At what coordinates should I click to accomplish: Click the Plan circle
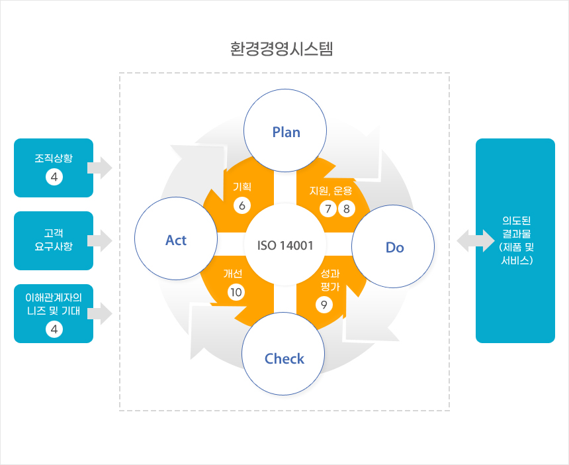coord(286,131)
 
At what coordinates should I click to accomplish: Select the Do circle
coord(394,247)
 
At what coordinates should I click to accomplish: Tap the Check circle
coord(284,358)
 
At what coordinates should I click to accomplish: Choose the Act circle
coord(176,240)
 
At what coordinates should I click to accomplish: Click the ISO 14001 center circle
coord(285,244)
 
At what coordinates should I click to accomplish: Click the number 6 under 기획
coord(242,205)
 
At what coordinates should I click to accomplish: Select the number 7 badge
coord(327,209)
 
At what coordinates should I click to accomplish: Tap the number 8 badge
coord(347,209)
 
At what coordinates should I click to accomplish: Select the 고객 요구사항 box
coord(54,240)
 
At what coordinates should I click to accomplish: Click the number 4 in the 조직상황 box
coord(54,177)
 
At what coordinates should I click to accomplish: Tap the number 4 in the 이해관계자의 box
coord(54,328)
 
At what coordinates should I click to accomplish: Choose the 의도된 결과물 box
coord(515,240)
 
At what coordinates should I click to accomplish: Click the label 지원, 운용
coord(331,191)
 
